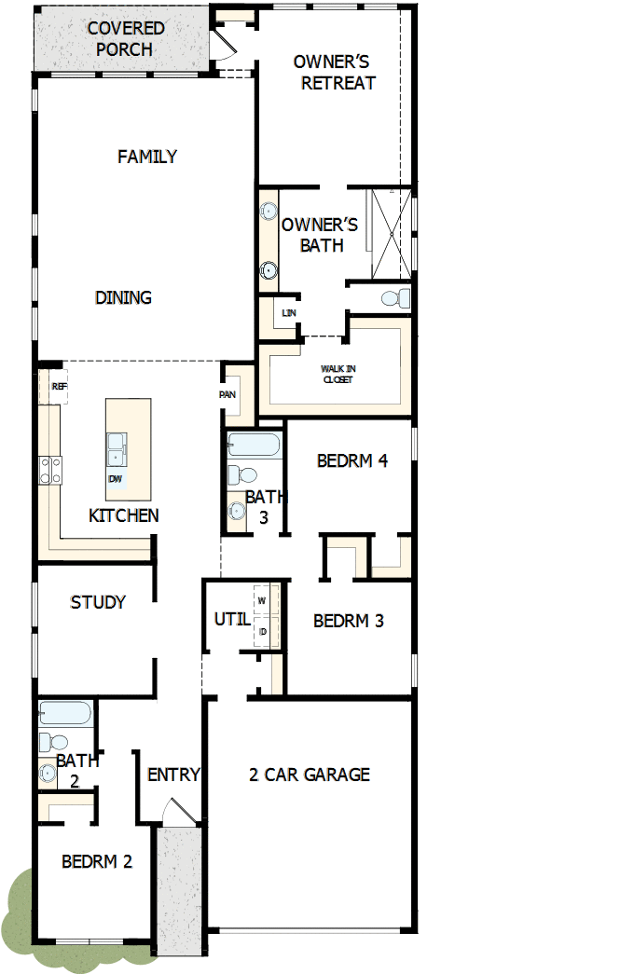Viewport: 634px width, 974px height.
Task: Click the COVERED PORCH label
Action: (125, 38)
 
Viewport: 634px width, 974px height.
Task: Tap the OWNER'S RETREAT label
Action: (332, 73)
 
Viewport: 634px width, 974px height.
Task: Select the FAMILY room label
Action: (147, 157)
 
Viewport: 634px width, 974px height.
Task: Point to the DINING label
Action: (123, 297)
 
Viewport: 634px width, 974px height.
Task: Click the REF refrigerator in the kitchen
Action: (58, 386)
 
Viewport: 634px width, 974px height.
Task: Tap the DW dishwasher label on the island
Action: (115, 479)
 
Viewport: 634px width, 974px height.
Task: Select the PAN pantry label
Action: (227, 394)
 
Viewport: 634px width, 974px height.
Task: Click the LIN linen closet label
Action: (288, 313)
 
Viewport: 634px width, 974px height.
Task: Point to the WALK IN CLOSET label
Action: (338, 374)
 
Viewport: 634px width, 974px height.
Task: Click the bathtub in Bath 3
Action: (253, 445)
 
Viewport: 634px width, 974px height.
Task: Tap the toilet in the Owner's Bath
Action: (396, 298)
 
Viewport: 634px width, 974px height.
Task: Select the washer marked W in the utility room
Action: (263, 600)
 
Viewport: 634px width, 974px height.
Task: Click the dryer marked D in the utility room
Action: (263, 631)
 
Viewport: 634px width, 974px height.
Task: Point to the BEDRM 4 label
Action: (351, 460)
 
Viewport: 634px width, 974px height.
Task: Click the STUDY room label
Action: (98, 602)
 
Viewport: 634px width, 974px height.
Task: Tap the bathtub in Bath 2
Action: (65, 713)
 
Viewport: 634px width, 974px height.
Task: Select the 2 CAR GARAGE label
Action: (310, 774)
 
